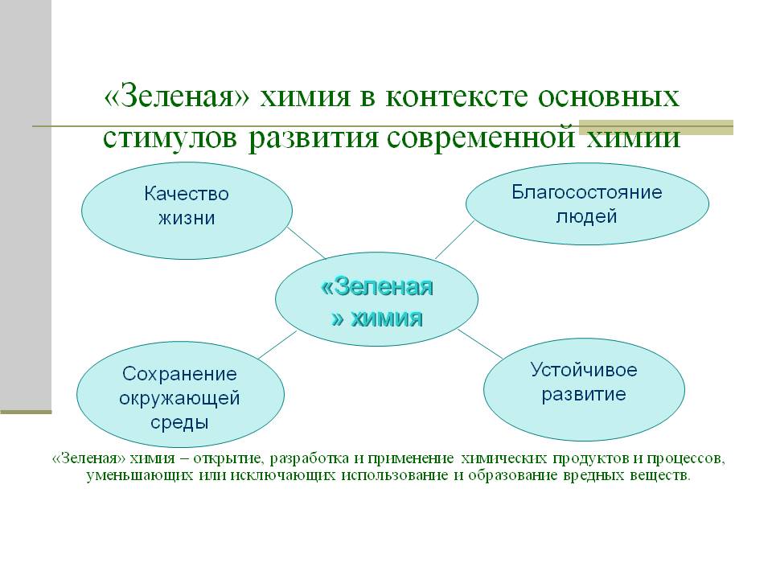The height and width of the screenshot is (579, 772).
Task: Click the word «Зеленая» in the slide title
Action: click(x=177, y=96)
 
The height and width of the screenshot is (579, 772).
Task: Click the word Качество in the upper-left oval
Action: click(x=187, y=194)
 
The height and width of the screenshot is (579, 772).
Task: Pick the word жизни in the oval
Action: click(x=187, y=218)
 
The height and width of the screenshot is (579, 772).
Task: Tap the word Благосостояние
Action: click(x=587, y=191)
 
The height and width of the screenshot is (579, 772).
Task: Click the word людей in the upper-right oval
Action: click(x=586, y=216)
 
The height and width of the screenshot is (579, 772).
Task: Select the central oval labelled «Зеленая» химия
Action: click(x=376, y=299)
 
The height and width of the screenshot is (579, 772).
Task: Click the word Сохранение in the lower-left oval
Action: click(x=179, y=374)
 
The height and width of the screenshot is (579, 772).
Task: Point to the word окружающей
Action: click(x=179, y=398)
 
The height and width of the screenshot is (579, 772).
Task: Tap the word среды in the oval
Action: click(x=179, y=422)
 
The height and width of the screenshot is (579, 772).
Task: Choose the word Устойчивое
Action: click(x=584, y=370)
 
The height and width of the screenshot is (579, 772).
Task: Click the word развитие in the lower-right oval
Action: click(x=584, y=394)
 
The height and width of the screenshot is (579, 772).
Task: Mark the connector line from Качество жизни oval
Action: click(x=306, y=243)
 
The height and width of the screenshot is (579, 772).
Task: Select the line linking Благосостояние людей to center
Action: click(x=455, y=240)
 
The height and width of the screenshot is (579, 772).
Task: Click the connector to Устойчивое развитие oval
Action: click(x=481, y=343)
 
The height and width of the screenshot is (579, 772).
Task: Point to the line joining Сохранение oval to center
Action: click(x=277, y=345)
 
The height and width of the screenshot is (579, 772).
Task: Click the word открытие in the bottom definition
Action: click(x=231, y=459)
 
